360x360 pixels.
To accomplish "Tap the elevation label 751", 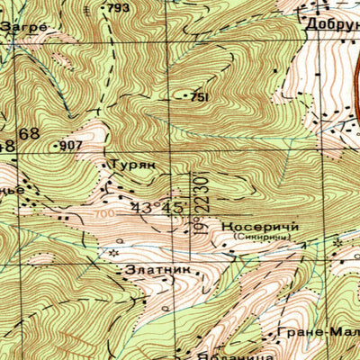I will [x=201, y=96].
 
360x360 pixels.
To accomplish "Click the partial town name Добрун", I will [x=330, y=23].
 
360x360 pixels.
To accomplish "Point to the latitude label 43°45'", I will [x=158, y=206].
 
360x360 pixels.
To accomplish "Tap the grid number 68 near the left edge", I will [x=29, y=134].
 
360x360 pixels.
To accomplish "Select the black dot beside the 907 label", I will [x=56, y=145].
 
